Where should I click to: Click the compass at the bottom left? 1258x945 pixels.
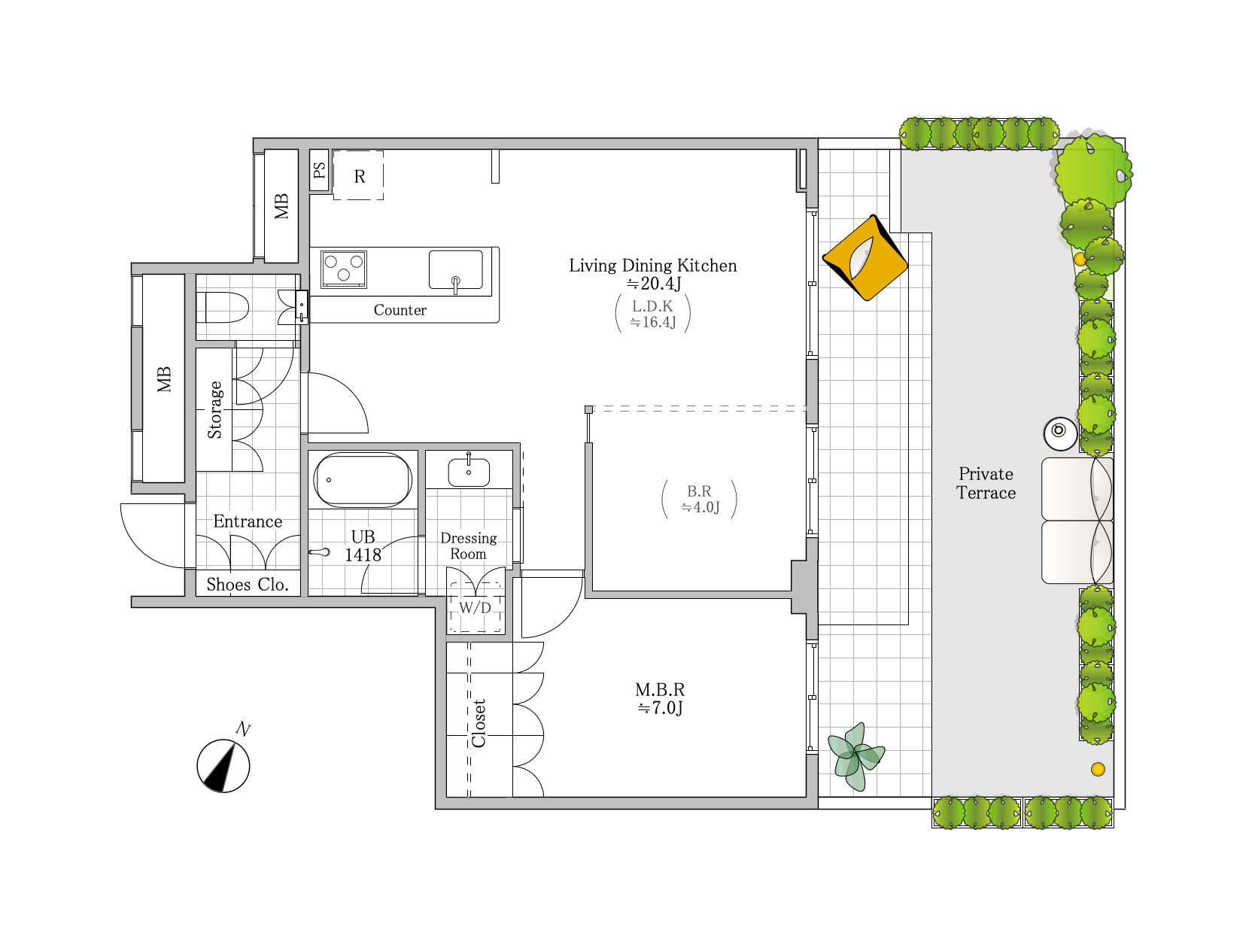click(x=223, y=766)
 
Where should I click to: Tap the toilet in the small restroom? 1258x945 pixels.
click(x=223, y=307)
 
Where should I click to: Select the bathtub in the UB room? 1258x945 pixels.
click(x=363, y=480)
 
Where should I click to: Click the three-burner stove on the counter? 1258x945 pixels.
click(x=343, y=269)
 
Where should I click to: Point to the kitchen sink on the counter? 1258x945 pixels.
click(x=456, y=270)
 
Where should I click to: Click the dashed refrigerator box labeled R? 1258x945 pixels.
click(x=359, y=175)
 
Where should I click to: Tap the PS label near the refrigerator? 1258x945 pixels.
click(x=319, y=170)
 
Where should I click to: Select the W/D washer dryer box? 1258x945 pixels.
click(x=475, y=607)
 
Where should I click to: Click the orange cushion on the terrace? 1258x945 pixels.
click(x=864, y=257)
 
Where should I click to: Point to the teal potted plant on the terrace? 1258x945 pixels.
click(x=855, y=756)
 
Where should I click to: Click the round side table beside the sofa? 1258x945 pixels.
click(x=1059, y=433)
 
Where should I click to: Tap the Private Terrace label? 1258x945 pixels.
click(x=986, y=483)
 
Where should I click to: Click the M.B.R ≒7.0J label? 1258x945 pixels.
click(x=661, y=698)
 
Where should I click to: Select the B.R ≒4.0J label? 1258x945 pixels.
click(x=700, y=499)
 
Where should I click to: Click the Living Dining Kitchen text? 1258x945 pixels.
click(x=653, y=266)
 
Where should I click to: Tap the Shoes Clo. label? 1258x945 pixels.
click(x=248, y=584)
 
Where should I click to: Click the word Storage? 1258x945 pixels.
click(x=215, y=410)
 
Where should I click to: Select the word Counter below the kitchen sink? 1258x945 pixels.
click(x=400, y=310)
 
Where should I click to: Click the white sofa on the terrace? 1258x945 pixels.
click(x=1077, y=521)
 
